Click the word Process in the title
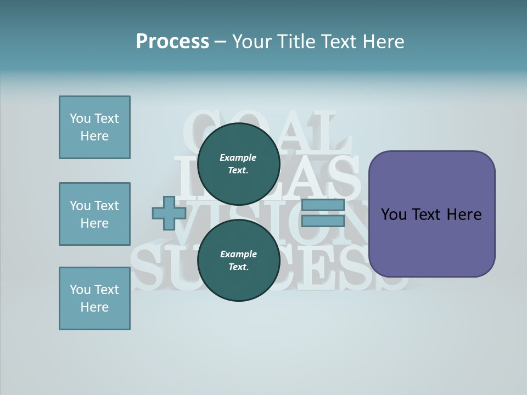tap(172, 41)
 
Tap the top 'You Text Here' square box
tap(94, 127)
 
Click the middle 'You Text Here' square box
tap(94, 214)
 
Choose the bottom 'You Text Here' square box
tap(94, 298)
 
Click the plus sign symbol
tap(169, 213)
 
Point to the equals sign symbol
tap(323, 213)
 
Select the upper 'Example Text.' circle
tap(238, 163)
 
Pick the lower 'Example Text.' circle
tap(238, 260)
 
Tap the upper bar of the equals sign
tap(323, 205)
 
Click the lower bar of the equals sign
tap(323, 221)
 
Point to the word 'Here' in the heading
tap(384, 41)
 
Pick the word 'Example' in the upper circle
tap(238, 157)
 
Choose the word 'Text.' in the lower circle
tap(238, 267)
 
